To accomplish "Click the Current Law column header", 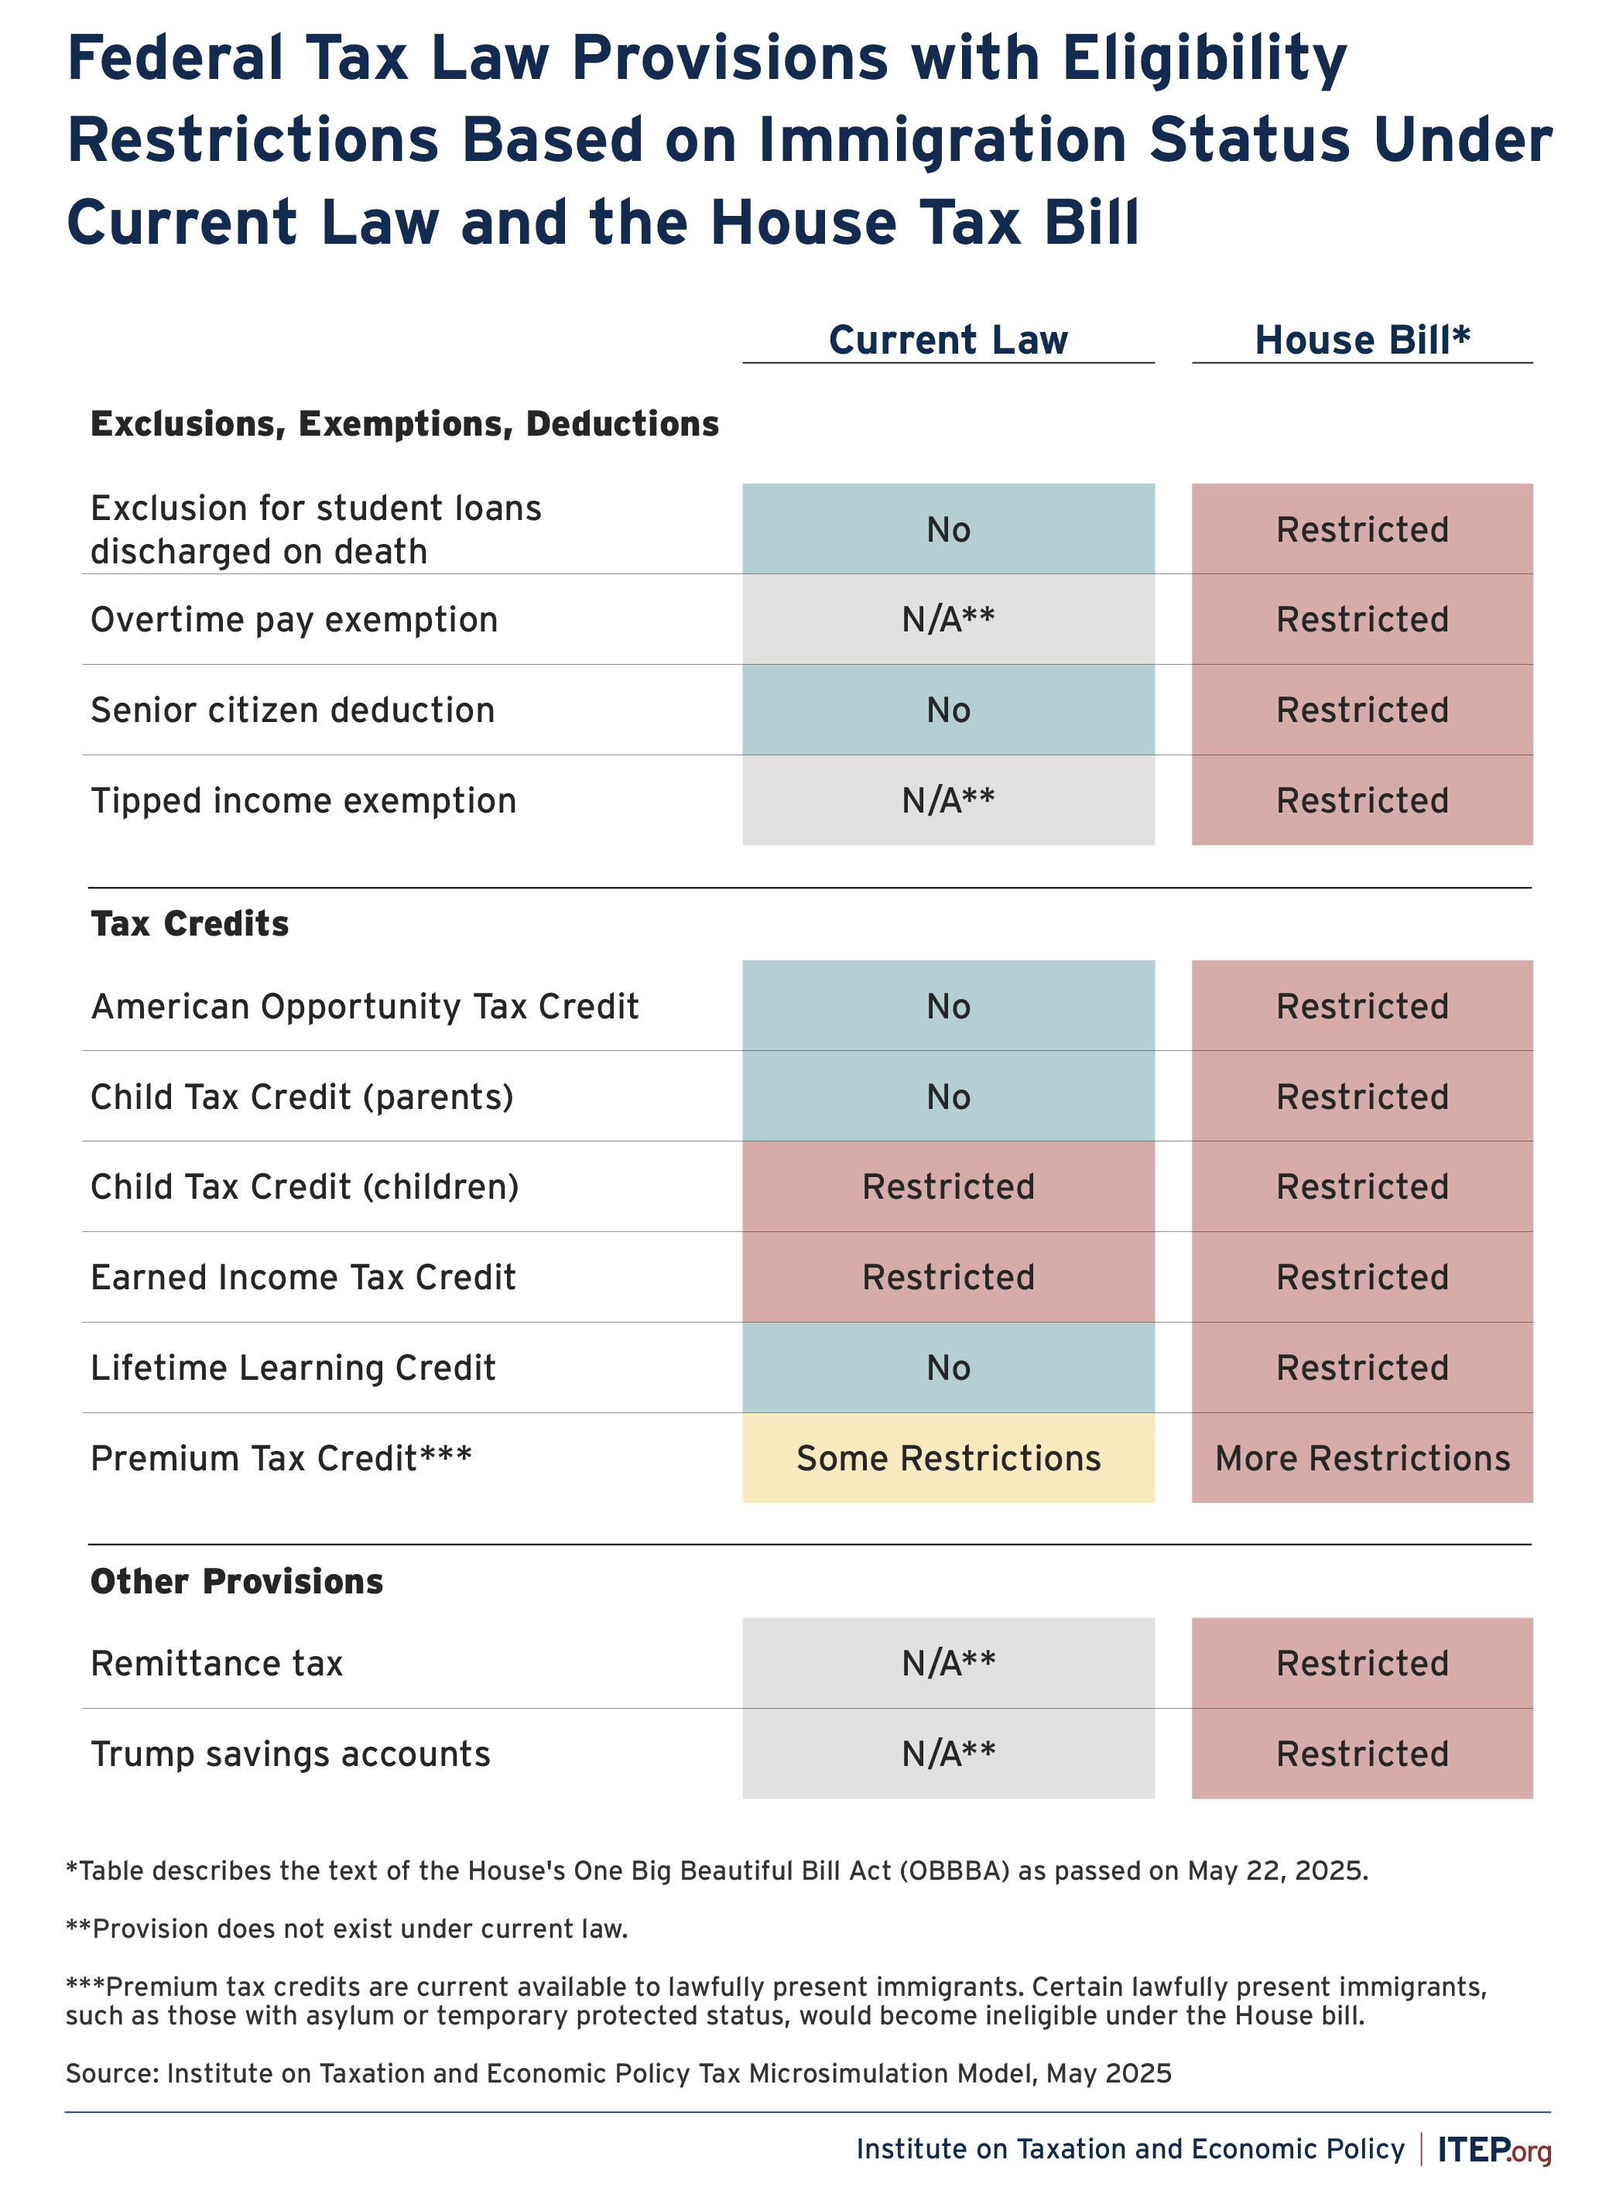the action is pos(948,340).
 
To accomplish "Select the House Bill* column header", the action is pos(1361,340).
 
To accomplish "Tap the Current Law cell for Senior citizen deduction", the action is pos(948,709).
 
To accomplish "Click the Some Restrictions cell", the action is pos(948,1457).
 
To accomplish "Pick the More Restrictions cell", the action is pos(1361,1457).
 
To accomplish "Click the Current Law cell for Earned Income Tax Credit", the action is pos(948,1276).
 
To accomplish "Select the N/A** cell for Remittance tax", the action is pos(948,1663).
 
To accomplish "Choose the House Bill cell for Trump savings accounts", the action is pos(1361,1754).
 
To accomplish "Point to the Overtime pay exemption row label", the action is pos(294,620).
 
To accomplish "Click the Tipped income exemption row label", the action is pos(303,801).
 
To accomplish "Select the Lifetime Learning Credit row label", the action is pos(293,1367).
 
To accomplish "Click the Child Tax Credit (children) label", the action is pos(305,1186).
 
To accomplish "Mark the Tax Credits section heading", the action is pos(190,923).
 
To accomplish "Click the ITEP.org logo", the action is pos(1494,2149).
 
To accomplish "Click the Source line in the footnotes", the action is pos(618,2073).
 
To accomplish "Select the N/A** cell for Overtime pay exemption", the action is pos(948,619).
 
